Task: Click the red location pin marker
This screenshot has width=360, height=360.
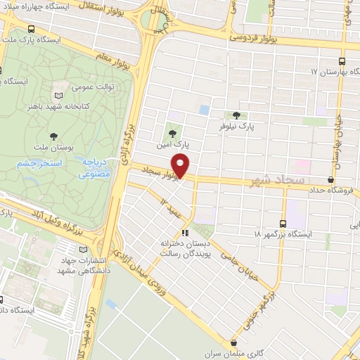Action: tap(181, 166)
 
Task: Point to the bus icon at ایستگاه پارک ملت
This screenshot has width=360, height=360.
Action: tap(31, 30)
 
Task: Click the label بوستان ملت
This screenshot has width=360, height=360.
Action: tap(53, 148)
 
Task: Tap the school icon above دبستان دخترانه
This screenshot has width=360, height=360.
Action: tap(186, 232)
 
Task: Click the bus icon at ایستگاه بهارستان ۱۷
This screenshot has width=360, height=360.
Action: tap(342, 61)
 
